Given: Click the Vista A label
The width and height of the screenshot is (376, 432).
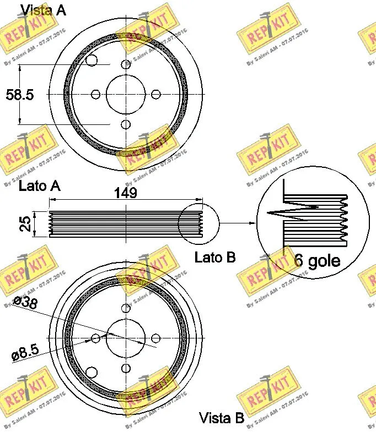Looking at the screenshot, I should [x=43, y=9].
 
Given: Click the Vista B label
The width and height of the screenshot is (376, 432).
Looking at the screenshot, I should [x=221, y=418].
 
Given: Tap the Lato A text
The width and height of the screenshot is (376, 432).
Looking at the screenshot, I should [x=39, y=186].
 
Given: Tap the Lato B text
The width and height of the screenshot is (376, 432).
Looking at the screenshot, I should [x=215, y=256].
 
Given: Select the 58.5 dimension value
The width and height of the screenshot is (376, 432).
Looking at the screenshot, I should [x=19, y=95].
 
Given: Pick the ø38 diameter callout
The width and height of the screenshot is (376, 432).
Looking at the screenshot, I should [x=26, y=302].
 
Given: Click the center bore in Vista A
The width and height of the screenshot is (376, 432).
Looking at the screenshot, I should [x=126, y=94].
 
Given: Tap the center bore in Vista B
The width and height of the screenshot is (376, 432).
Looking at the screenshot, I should [x=126, y=337].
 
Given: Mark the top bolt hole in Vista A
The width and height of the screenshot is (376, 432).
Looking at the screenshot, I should [x=126, y=64].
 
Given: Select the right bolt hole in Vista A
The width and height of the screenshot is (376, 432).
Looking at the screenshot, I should [x=155, y=94].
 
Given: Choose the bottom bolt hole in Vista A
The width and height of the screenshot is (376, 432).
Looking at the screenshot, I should [x=126, y=124].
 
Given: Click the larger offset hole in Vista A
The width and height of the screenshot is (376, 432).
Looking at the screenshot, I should [x=92, y=61].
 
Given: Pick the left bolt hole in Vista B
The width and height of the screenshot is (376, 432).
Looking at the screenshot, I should [x=96, y=337].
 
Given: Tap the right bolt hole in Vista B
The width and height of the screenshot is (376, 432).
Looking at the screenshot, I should [x=155, y=337].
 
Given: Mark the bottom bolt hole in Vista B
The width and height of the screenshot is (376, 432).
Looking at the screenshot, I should [x=126, y=368].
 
